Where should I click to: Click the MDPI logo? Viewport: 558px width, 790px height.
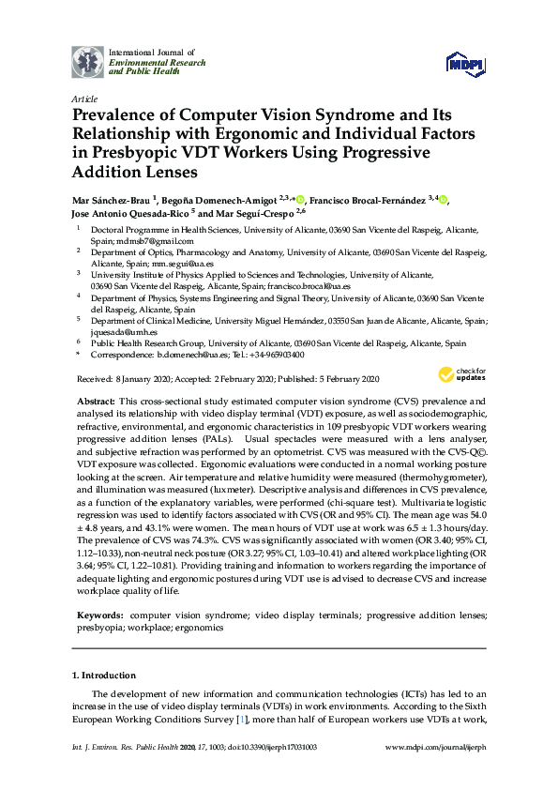point(466,64)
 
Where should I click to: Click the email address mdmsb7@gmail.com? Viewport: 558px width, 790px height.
point(128,240)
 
